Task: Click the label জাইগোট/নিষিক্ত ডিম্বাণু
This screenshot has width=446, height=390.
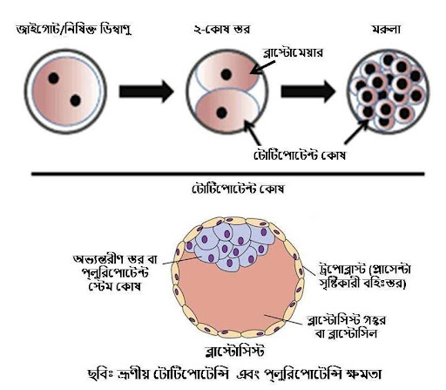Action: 74,30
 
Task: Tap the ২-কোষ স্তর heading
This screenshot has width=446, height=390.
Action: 222,30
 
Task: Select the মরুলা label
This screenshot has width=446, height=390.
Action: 387,30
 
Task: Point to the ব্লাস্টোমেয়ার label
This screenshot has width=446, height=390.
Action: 293,52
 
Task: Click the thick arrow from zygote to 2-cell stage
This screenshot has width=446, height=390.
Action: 146,92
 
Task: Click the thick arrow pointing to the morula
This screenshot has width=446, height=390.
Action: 308,92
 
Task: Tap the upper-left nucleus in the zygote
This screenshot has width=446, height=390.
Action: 54,79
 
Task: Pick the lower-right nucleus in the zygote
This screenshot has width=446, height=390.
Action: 76,100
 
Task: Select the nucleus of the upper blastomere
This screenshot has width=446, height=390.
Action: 226,74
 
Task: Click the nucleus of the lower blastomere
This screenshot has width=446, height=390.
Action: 222,113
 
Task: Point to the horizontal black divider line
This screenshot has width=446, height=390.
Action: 228,174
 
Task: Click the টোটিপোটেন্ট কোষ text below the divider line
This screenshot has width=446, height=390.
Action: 238,188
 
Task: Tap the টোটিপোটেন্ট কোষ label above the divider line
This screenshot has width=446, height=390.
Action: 300,155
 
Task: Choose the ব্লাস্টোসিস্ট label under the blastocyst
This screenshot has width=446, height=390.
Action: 234,351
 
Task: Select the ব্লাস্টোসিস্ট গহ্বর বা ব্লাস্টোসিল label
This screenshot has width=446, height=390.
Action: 347,326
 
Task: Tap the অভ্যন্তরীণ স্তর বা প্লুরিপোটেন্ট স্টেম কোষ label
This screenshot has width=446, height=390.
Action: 115,272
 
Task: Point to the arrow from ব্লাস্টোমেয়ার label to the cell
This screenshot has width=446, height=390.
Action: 262,68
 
